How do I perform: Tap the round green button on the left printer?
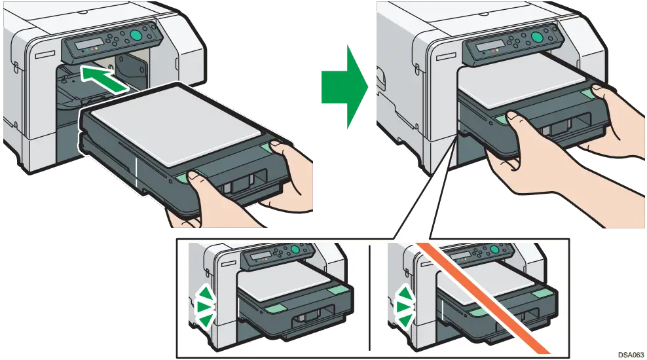138,35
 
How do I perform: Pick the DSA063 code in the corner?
631,354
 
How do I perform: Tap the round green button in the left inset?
295,249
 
